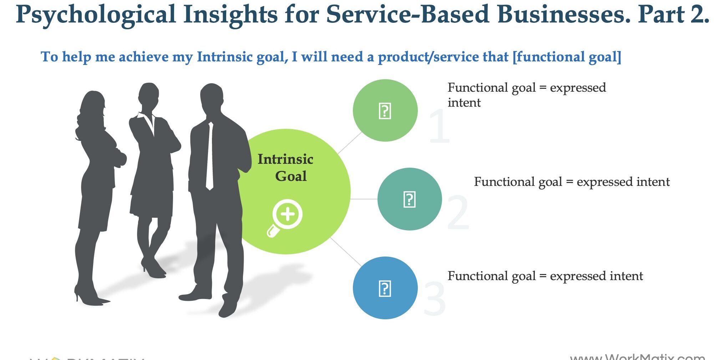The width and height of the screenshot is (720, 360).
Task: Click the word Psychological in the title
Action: pyautogui.click(x=96, y=15)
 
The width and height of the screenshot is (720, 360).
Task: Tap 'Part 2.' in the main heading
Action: pyautogui.click(x=673, y=15)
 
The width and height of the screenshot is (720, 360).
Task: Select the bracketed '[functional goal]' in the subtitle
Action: pyautogui.click(x=567, y=57)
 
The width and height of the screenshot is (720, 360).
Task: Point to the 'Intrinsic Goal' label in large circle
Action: pyautogui.click(x=285, y=168)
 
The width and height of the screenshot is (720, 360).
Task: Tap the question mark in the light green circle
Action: pyautogui.click(x=385, y=111)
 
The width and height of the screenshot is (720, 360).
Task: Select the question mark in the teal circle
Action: pyautogui.click(x=409, y=199)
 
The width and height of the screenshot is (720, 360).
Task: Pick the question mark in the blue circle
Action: pyautogui.click(x=385, y=288)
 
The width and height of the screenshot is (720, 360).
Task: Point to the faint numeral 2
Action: pyautogui.click(x=458, y=213)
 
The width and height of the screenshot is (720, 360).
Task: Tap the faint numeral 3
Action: pyautogui.click(x=434, y=299)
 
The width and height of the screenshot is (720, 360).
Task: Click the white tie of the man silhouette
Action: pyautogui.click(x=210, y=157)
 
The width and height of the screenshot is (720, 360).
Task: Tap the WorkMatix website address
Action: pyautogui.click(x=637, y=357)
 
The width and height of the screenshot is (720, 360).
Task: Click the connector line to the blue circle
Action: pyautogui.click(x=345, y=252)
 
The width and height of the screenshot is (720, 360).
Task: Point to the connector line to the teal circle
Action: pyautogui.click(x=364, y=199)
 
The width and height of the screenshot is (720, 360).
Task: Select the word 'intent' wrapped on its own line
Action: pyautogui.click(x=464, y=103)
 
